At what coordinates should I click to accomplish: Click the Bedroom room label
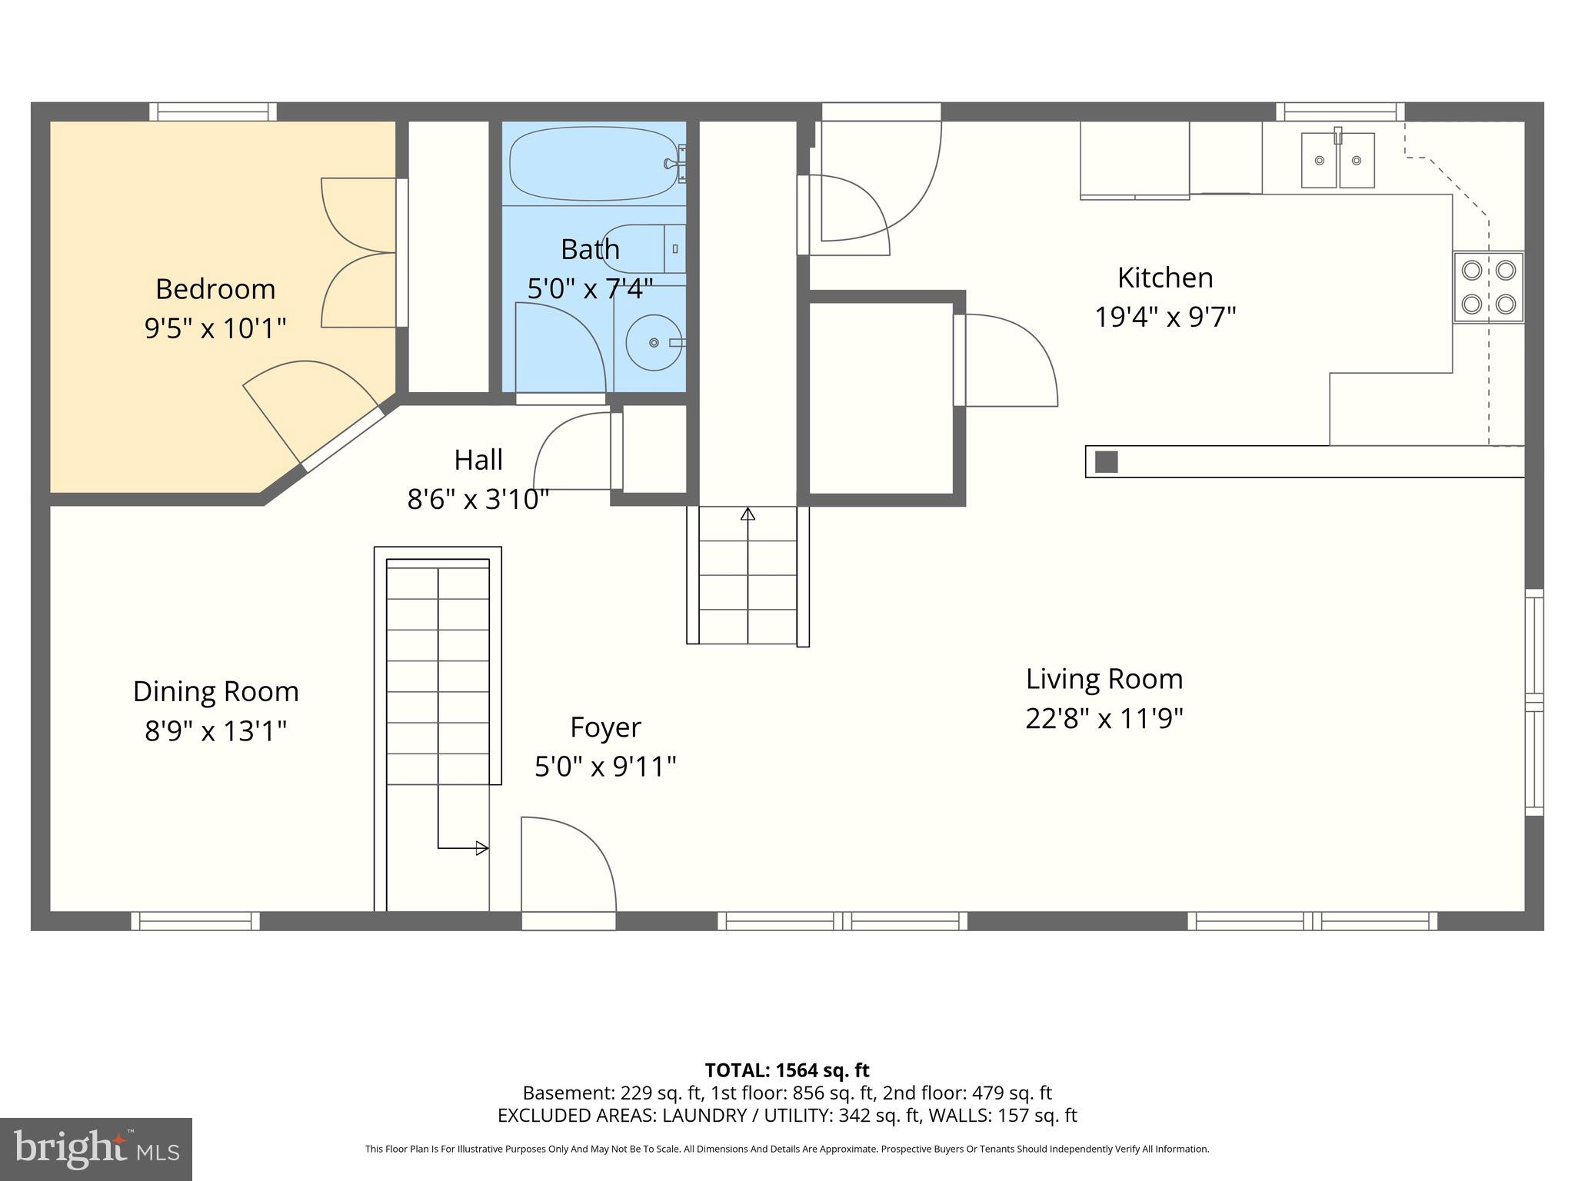tap(215, 289)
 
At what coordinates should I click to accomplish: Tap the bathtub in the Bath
tap(593, 164)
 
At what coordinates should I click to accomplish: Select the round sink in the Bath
tap(654, 342)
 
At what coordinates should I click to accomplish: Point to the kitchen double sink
tap(1337, 161)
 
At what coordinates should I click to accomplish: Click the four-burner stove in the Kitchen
tap(1488, 287)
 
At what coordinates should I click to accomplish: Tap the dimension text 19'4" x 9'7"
tap(1165, 317)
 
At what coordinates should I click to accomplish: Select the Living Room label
tap(1104, 679)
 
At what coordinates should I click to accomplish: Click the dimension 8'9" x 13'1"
tap(216, 730)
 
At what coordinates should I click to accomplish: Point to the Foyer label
tap(605, 727)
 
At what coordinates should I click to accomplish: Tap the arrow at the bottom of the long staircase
tap(481, 848)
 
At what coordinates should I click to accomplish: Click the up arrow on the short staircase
tap(748, 514)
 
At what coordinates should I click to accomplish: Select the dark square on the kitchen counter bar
tap(1106, 462)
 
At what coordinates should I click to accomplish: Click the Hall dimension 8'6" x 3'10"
tap(478, 500)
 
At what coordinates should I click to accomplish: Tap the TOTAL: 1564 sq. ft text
tap(787, 1070)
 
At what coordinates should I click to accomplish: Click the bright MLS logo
tap(96, 1149)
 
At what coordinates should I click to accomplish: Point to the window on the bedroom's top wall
tap(212, 112)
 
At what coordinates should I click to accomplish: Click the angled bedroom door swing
tap(308, 408)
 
